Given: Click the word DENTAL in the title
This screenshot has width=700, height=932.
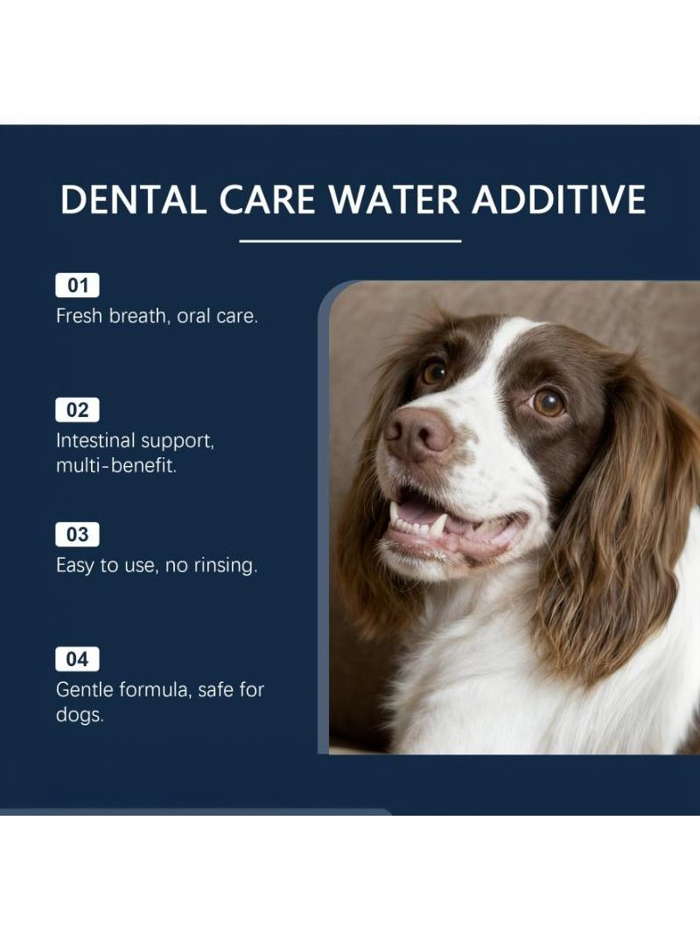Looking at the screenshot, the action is point(133,199).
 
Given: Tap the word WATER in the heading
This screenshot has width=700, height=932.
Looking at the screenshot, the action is point(393,199).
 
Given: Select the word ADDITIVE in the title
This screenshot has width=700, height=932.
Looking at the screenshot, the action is point(559,199).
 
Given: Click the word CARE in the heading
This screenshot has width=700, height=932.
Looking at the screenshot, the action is point(267,199).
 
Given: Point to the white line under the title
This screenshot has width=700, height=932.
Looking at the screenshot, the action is point(350,241).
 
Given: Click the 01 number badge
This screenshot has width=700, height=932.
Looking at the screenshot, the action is point(77,285).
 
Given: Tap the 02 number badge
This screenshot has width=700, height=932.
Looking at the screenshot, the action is point(77,410).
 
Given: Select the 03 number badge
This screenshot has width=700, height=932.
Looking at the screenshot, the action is point(77,534).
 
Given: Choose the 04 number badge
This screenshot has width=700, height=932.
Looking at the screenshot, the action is point(77,659).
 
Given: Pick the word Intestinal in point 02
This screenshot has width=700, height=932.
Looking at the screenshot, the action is point(94,441).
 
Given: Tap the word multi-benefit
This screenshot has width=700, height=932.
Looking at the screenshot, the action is point(116,465).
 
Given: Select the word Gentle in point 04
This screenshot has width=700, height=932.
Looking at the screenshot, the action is point(85,690).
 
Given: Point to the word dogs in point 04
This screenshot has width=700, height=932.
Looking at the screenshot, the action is point(80,715).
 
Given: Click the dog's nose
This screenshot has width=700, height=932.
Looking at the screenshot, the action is point(419,434).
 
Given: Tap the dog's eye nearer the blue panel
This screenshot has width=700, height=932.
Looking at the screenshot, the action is point(434,372).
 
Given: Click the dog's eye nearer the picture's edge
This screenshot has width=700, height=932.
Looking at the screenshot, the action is point(548,402).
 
